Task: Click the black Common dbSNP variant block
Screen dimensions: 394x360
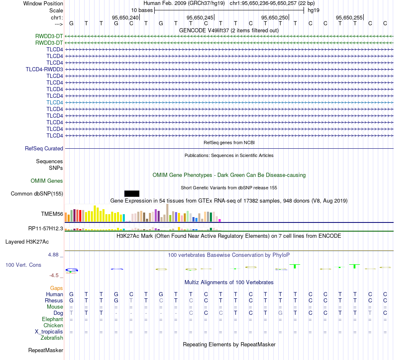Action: (131, 193)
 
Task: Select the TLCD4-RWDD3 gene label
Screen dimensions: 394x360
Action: (44, 69)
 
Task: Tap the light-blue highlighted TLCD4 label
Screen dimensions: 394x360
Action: (55, 102)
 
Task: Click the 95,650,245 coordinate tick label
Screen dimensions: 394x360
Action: (200, 17)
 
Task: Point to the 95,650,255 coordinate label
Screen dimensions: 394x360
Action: (349, 17)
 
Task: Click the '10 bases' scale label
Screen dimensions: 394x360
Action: (142, 10)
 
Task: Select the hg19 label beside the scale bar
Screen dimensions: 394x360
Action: (314, 10)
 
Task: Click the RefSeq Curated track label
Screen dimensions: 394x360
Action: (44, 148)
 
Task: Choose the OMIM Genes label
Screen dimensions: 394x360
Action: (47, 181)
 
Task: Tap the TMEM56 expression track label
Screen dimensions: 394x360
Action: (52, 214)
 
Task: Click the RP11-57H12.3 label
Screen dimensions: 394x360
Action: (46, 228)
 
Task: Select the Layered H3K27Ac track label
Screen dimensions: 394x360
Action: (27, 242)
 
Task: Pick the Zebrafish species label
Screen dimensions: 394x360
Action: (52, 338)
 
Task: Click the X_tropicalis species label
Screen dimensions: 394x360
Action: (49, 332)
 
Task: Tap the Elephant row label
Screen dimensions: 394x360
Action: (52, 319)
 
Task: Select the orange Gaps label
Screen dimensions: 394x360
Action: (56, 288)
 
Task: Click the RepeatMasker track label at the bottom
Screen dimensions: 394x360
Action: (46, 350)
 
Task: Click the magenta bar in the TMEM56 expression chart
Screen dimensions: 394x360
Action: (220, 220)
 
